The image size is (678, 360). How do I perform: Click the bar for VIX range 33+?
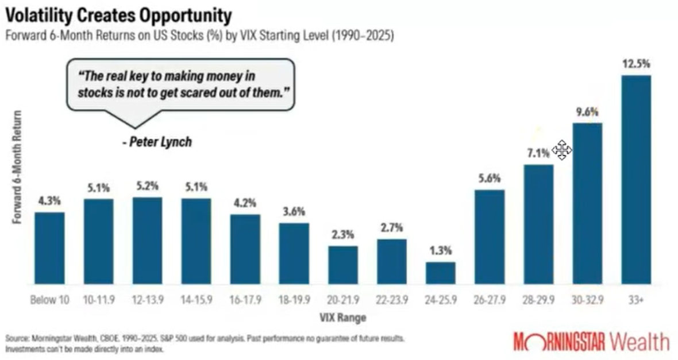coord(636,180)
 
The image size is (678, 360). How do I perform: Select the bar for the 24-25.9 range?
coord(441,273)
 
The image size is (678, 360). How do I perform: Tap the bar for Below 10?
coord(49,248)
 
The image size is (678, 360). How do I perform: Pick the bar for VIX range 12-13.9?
coord(147,241)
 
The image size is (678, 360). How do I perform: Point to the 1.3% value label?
coord(441,251)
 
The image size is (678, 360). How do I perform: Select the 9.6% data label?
coord(587,112)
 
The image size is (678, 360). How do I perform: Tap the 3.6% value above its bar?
coord(294,211)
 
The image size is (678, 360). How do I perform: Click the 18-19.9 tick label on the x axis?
coord(294,300)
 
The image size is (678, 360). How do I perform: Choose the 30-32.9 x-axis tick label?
coord(587,300)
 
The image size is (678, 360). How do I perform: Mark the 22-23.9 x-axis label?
coord(391,300)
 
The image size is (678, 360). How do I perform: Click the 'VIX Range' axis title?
coord(342,317)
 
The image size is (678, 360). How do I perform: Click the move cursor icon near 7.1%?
coord(561,150)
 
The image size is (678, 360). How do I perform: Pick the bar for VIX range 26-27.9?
coord(490,237)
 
